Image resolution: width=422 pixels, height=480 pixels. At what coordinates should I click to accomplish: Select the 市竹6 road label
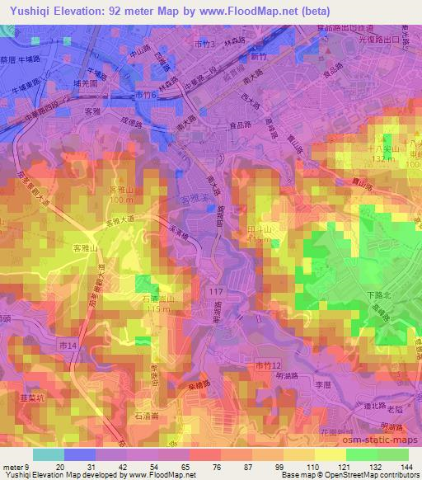[144, 95]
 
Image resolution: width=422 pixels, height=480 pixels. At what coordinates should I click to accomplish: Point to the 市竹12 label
[269, 365]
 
